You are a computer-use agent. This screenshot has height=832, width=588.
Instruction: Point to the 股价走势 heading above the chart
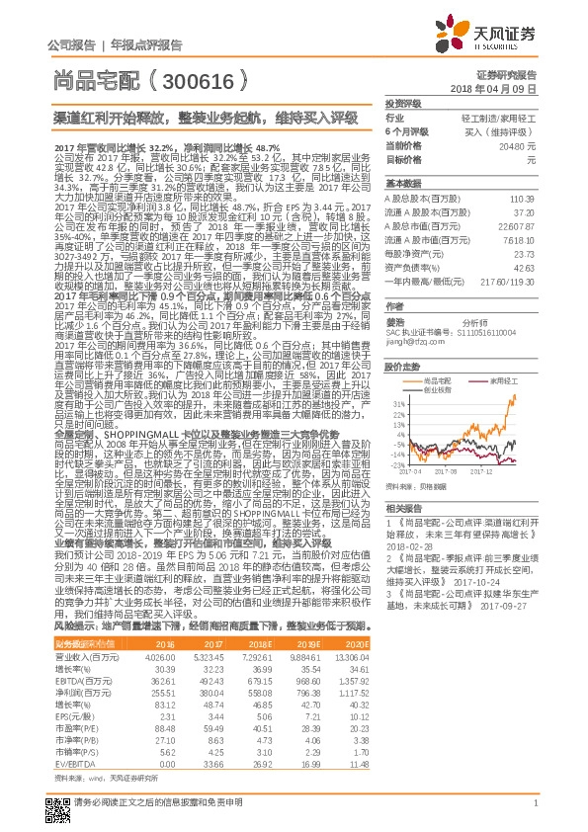[x=400, y=364]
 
